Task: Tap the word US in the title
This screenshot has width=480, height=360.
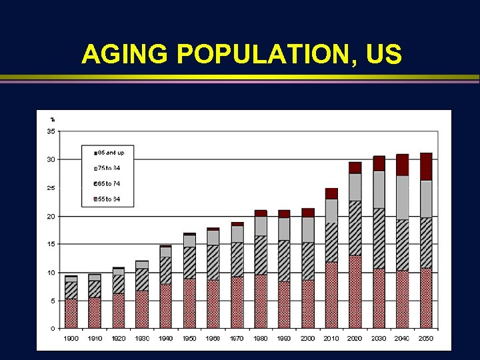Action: click(384, 55)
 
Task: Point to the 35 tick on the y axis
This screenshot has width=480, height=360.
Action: click(51, 131)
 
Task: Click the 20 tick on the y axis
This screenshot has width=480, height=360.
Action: click(51, 216)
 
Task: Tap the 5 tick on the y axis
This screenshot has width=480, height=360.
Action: click(53, 301)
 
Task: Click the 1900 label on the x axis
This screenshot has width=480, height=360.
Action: click(71, 339)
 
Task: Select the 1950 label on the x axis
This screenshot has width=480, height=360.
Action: click(189, 339)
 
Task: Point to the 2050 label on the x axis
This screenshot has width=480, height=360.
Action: click(425, 339)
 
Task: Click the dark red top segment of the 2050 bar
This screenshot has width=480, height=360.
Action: click(425, 167)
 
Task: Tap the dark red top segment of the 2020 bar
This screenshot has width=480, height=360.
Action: click(355, 167)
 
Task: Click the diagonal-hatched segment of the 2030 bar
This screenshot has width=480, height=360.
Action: click(379, 238)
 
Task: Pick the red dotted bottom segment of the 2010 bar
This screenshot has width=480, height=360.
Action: click(331, 295)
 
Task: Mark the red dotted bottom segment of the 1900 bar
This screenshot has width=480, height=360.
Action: click(71, 313)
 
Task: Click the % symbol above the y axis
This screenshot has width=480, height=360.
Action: click(52, 120)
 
